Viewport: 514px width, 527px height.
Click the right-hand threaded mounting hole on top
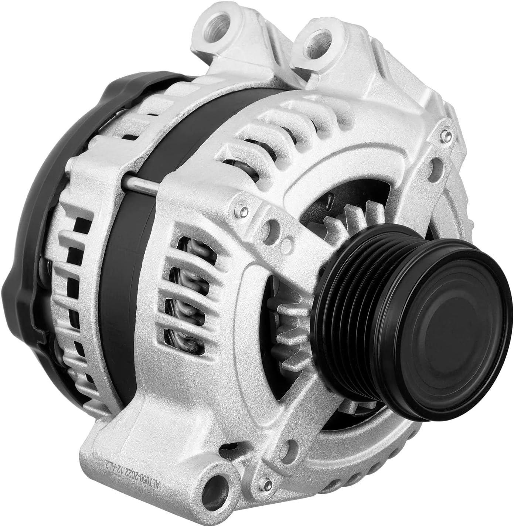317,38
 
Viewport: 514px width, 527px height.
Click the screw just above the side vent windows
241,211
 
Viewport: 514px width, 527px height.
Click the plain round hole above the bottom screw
284,449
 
